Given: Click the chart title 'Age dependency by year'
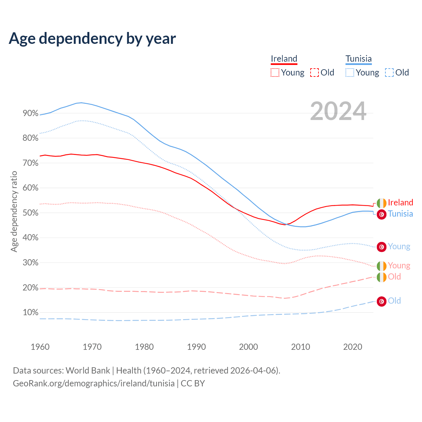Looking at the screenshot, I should (x=92, y=39).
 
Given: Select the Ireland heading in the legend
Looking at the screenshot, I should (x=284, y=59).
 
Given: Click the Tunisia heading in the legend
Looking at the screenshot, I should (x=358, y=59).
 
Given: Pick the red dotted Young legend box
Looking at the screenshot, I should (x=275, y=73).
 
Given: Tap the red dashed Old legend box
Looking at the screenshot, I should (x=315, y=73).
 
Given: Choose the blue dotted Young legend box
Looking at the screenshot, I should (x=350, y=73).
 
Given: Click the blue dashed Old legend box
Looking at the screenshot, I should (x=389, y=73).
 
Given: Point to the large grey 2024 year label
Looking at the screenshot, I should (x=338, y=111).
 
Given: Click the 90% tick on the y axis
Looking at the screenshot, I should (x=31, y=113).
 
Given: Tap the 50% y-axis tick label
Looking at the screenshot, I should (x=31, y=213).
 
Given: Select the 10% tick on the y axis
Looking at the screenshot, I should (x=31, y=313).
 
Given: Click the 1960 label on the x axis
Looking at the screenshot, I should (x=40, y=347).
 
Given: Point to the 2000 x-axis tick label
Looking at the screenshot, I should (x=248, y=347).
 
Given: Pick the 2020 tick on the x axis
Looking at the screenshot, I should (x=352, y=347).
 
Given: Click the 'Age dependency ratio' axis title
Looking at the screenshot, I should (x=14, y=211).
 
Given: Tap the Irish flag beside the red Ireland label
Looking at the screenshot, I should (x=381, y=203).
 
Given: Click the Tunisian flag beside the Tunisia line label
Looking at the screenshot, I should (x=381, y=214).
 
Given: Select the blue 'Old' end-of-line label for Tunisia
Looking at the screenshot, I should (x=394, y=301).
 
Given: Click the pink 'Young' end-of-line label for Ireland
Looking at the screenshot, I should (x=399, y=265).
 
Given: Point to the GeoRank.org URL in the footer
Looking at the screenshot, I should (x=94, y=383).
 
